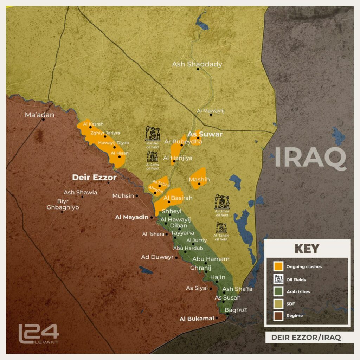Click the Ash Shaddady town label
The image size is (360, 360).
tap(197, 64)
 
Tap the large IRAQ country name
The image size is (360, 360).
tap(310, 157)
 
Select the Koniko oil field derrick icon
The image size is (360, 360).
tap(153, 134)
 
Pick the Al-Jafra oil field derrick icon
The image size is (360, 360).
tap(152, 156)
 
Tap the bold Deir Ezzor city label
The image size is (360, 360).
tap(94, 178)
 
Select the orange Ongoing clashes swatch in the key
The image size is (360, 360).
tap(279, 266)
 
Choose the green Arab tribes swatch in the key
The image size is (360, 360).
tap(279, 291)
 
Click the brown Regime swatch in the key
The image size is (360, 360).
tap(279, 316)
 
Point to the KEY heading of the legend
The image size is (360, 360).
tap(307, 249)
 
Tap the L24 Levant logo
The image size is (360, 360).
tap(38, 334)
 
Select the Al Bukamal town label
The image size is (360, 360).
tap(197, 319)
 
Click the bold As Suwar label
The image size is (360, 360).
tap(205, 134)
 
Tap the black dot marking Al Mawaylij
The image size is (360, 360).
tap(211, 115)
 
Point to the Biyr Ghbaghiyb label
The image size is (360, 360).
tap(63, 204)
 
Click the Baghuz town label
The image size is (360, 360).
tap(236, 310)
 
